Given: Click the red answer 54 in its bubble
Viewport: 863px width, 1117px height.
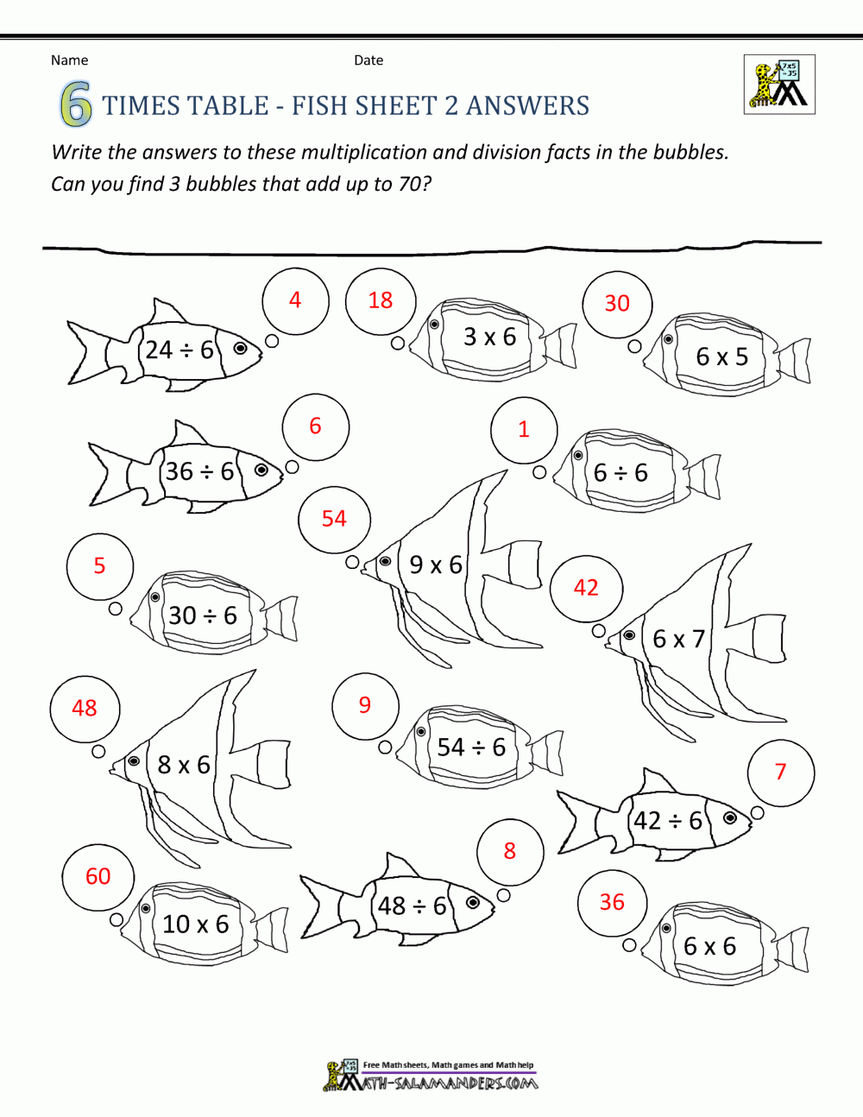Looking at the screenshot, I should coord(334,518).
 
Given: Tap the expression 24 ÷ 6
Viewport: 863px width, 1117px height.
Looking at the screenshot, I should coord(180,350).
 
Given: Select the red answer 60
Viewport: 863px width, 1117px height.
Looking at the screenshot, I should coord(98,876).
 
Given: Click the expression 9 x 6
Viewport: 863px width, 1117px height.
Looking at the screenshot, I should coord(436,565).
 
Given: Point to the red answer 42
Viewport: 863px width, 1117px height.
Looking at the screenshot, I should coord(586,587).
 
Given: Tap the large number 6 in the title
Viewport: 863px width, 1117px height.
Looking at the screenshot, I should coord(76,105).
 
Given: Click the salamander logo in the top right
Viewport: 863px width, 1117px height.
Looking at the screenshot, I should coord(779,85).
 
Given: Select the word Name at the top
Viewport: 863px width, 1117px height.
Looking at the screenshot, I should coord(69,60).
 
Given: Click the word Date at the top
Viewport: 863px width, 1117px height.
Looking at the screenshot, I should coord(369,60).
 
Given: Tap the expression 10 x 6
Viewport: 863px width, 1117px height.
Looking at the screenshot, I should coord(196,924).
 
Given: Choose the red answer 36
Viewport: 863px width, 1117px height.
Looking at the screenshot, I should coord(612,902).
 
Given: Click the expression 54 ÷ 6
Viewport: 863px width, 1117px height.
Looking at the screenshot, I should coord(471,747).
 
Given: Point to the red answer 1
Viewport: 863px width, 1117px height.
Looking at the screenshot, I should coord(524,429).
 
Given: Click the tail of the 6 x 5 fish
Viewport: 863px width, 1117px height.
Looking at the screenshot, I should coord(793,360).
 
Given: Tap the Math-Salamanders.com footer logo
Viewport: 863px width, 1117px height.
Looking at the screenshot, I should coord(431,1076).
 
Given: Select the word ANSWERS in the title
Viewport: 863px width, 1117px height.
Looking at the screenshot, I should coord(527,105).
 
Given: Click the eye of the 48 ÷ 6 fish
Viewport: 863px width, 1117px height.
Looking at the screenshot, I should coord(473,902).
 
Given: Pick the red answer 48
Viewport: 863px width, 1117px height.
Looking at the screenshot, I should coord(85,708).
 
